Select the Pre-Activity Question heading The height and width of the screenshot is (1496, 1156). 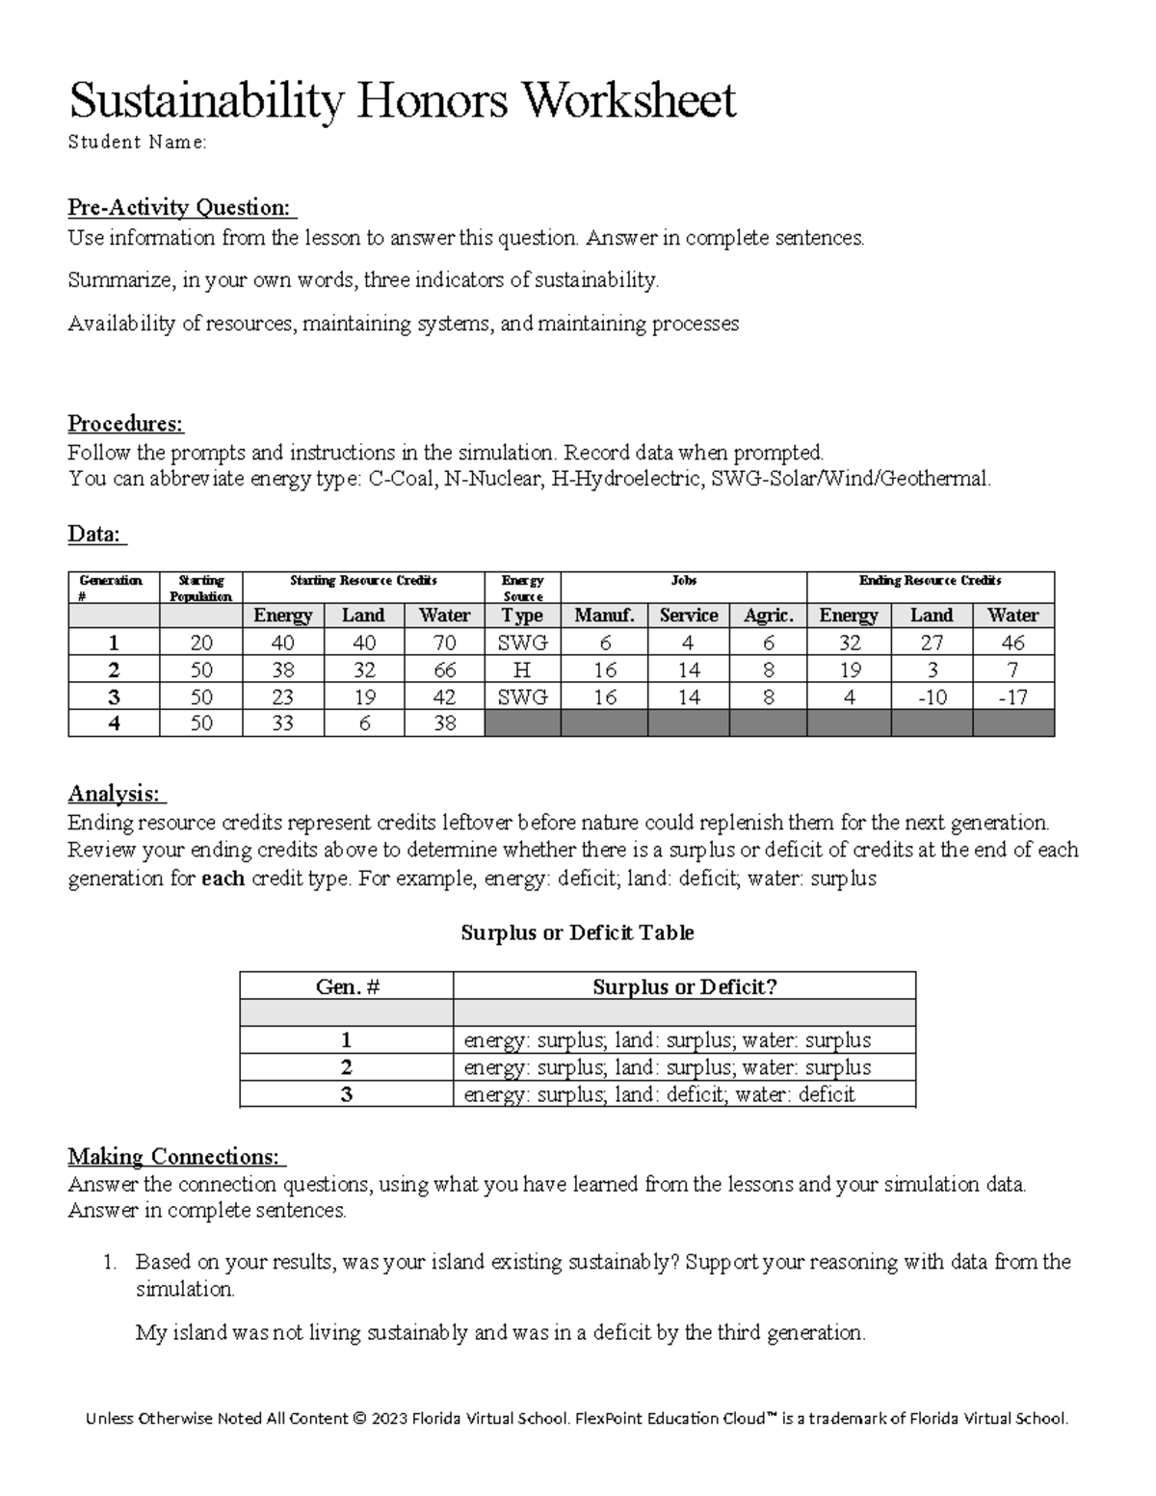(x=181, y=207)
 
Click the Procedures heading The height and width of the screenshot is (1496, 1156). (x=125, y=424)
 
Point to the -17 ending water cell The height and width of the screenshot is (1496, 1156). (x=1012, y=696)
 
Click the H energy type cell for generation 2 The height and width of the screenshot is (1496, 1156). (x=522, y=669)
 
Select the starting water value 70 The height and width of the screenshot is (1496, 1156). (x=444, y=643)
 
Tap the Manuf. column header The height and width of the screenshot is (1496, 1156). (x=604, y=616)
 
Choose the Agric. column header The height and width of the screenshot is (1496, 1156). (x=768, y=616)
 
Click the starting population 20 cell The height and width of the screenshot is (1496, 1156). (x=200, y=643)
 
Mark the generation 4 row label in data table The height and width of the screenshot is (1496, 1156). (x=114, y=723)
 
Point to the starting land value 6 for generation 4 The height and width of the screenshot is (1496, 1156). (x=363, y=723)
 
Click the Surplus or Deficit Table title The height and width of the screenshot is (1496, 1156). (x=577, y=932)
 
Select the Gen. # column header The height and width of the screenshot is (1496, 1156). (x=346, y=986)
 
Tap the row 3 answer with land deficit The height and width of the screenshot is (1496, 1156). (x=659, y=1094)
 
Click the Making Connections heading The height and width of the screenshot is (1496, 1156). (x=175, y=1156)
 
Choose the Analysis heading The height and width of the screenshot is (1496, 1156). (x=116, y=794)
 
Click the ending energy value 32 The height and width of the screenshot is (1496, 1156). (x=848, y=643)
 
